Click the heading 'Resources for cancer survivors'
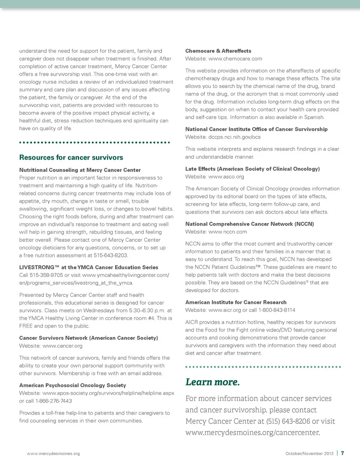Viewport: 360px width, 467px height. click(71, 158)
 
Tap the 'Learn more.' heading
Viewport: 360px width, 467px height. click(212, 382)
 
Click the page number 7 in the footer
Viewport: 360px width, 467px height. click(343, 453)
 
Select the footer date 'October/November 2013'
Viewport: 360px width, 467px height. click(309, 453)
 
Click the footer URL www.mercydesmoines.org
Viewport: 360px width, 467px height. click(53, 453)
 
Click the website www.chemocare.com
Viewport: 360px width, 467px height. click(235, 59)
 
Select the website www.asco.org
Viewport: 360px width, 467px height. click(226, 177)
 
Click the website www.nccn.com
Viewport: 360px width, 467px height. click(228, 232)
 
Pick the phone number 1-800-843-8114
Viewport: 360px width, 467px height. click(277, 310)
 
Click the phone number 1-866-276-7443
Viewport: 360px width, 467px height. click(54, 401)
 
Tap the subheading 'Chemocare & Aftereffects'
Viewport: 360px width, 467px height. click(218, 51)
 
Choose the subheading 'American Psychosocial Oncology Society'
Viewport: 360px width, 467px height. click(73, 385)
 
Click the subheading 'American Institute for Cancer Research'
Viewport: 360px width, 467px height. click(236, 302)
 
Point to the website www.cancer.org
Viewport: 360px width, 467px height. click(62, 346)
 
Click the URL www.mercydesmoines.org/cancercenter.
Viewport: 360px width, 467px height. click(253, 432)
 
